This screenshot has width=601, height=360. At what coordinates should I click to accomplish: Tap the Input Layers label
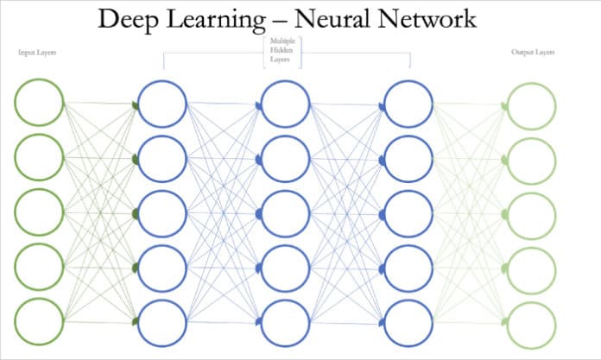tap(37, 53)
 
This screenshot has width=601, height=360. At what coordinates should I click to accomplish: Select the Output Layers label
tap(532, 53)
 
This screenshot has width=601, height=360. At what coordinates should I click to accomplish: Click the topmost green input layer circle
tap(39, 103)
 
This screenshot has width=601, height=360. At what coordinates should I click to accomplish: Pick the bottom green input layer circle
tap(39, 320)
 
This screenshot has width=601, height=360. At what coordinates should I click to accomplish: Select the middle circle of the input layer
tap(39, 212)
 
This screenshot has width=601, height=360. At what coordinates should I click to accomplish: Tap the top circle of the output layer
tap(532, 106)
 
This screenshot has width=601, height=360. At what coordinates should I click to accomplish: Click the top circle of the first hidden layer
tap(162, 104)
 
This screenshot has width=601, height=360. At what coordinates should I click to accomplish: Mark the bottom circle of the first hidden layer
tap(162, 320)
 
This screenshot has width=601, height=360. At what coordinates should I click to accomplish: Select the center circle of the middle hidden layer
tap(286, 212)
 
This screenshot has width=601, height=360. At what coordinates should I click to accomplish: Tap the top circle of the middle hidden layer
tap(286, 104)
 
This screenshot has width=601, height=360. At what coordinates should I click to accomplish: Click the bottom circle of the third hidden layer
tap(408, 320)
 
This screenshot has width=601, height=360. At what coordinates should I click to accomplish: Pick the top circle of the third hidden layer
tap(408, 104)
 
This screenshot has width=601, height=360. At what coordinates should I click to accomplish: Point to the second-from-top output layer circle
tap(532, 159)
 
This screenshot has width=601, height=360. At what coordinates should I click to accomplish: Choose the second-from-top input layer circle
tap(39, 158)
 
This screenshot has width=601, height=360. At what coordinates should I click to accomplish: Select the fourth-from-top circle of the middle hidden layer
tap(286, 267)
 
